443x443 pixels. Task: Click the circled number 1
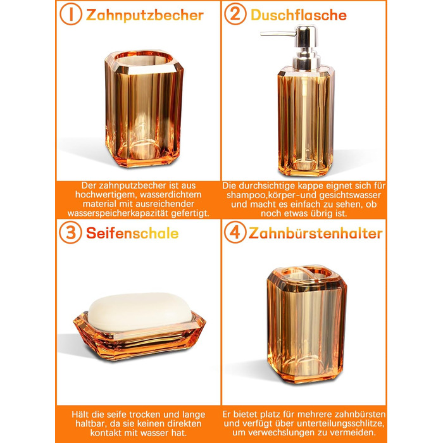coord(71,14)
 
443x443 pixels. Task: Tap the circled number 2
coord(235,14)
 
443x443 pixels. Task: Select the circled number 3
coord(71,232)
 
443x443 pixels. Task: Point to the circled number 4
coord(235,232)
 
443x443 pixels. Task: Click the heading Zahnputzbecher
coord(145,15)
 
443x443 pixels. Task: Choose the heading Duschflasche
coord(299,15)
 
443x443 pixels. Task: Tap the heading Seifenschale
coord(132,234)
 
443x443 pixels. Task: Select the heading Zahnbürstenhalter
coord(315,234)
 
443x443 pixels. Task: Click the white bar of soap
coord(140,311)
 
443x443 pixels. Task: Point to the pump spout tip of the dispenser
coord(261,34)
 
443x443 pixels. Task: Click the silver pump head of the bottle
coord(306,47)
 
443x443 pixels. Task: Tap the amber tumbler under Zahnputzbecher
coord(144,109)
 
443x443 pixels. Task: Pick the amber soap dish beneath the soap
coord(139,336)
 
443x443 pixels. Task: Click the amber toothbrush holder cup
coord(307,324)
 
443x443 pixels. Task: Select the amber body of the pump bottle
coord(306,122)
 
